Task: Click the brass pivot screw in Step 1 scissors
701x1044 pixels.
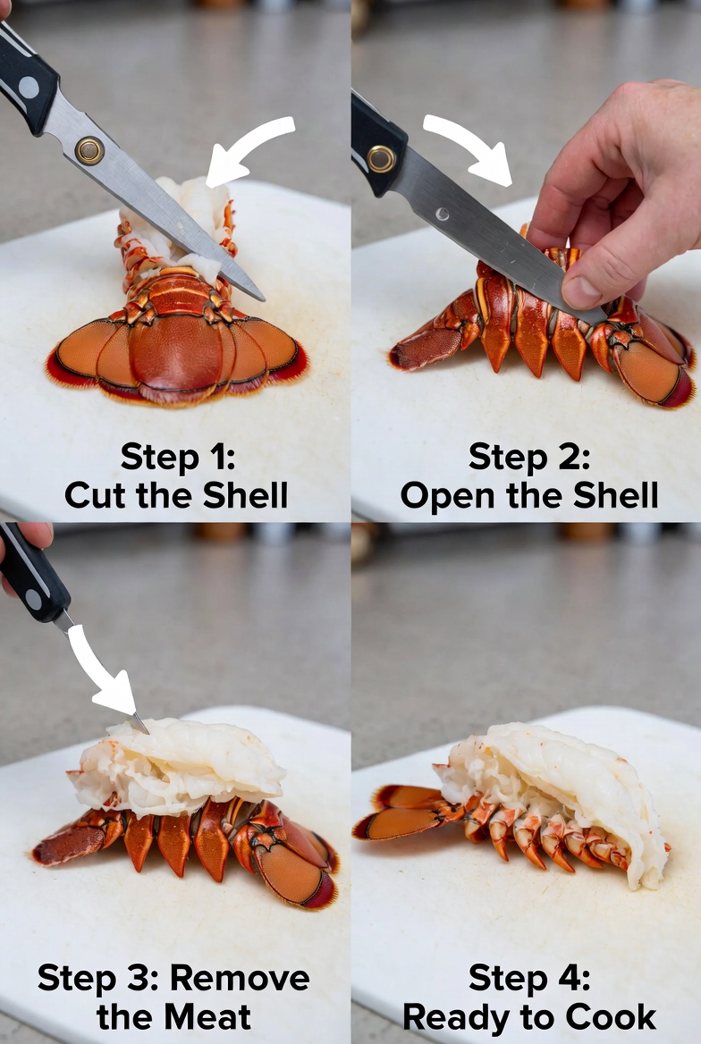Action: click(89, 150)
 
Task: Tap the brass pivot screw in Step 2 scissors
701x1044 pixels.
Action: click(381, 158)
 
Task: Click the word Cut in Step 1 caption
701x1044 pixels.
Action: click(96, 495)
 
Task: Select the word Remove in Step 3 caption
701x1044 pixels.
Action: click(240, 978)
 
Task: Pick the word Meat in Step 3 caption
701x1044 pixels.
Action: click(207, 1017)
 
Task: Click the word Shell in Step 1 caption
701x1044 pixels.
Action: click(245, 495)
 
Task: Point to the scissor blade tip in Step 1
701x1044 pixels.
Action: click(263, 299)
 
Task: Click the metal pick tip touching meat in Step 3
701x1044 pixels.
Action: click(145, 730)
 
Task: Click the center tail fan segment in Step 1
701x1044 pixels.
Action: click(176, 352)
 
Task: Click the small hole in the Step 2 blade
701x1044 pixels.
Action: click(441, 214)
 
